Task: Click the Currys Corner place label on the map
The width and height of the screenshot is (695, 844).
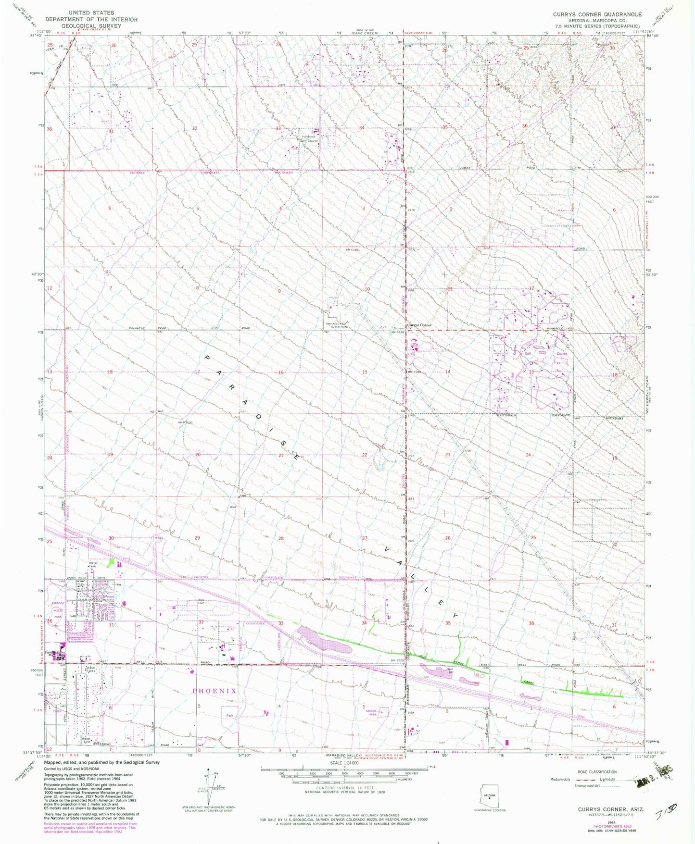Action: tap(419, 325)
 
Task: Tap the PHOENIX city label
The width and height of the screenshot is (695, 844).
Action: tap(214, 691)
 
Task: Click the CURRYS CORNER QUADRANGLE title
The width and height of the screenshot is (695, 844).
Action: tap(597, 14)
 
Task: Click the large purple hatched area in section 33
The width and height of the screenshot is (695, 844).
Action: tap(324, 640)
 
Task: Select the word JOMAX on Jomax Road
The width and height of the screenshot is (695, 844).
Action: tap(464, 168)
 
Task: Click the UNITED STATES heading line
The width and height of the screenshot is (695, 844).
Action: tap(91, 12)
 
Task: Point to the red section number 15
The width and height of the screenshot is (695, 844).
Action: tap(365, 372)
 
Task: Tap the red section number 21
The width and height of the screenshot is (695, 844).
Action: tap(281, 455)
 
